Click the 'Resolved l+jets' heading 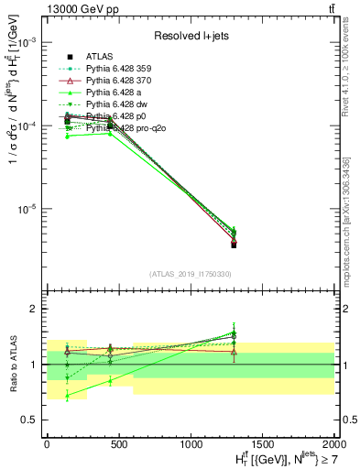point(191,36)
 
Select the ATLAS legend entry point(100,56)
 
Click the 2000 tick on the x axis point(333,444)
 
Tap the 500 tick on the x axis point(118,444)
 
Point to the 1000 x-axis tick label point(190,444)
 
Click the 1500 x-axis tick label point(262,444)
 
